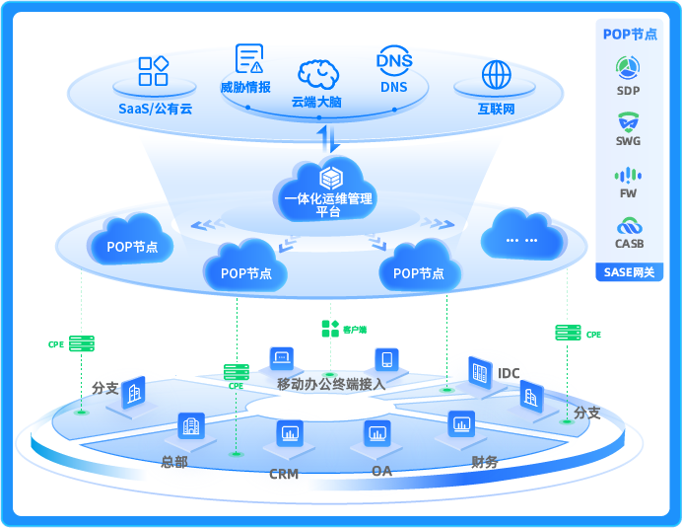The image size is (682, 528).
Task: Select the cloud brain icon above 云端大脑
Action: click(317, 74)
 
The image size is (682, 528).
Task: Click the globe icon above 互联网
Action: click(497, 75)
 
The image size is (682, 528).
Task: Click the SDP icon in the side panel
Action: click(628, 68)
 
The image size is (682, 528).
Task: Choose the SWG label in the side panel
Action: click(628, 141)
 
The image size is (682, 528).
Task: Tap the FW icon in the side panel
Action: click(628, 176)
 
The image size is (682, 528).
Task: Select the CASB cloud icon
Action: click(628, 225)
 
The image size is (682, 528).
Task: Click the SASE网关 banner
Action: click(628, 272)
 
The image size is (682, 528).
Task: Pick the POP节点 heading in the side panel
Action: click(630, 34)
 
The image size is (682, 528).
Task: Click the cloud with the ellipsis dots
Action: click(522, 238)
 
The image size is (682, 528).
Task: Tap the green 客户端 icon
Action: click(329, 328)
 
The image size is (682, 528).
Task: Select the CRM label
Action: click(284, 474)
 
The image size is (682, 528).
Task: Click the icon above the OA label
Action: click(376, 432)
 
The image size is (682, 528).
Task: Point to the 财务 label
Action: click(484, 461)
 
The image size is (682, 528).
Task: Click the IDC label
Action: click(509, 373)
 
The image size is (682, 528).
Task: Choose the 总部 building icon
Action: click(190, 426)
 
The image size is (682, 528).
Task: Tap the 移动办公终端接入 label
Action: click(330, 383)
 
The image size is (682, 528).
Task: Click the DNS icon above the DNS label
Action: click(394, 60)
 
